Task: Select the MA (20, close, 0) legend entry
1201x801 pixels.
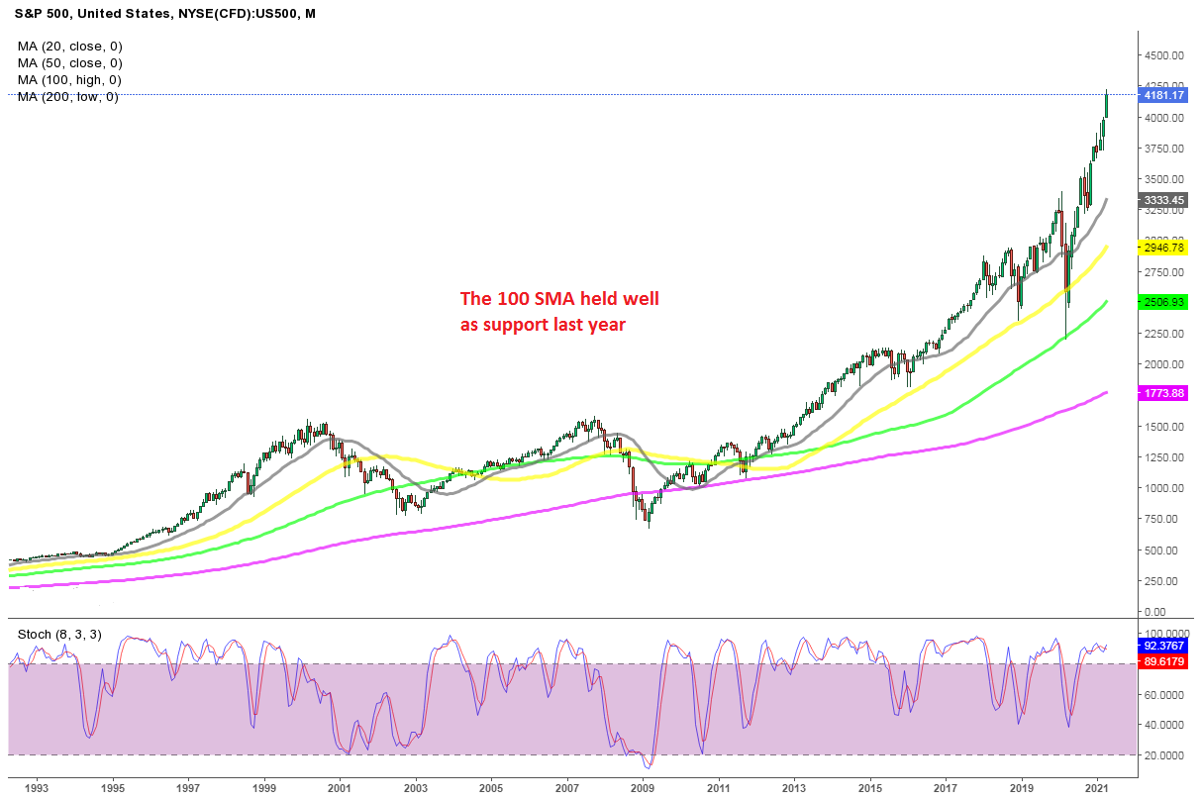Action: point(69,46)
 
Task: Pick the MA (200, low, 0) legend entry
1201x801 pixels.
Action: point(68,97)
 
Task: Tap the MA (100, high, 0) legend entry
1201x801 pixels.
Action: point(70,80)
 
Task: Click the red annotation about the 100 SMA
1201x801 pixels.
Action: point(558,310)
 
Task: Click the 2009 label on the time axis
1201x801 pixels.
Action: point(643,788)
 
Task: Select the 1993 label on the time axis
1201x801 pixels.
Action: point(37,788)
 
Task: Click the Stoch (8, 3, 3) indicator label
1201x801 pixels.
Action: point(59,635)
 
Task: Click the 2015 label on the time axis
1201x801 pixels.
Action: point(869,788)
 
